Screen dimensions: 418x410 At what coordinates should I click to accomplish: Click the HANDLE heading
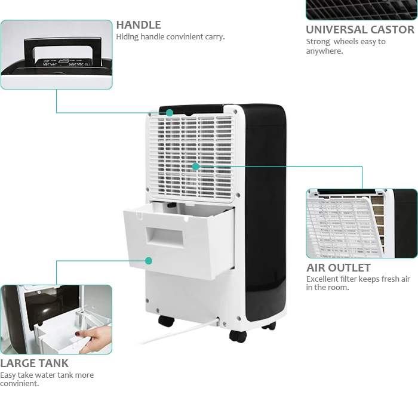(139, 25)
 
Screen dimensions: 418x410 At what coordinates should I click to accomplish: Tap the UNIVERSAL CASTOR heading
(359, 30)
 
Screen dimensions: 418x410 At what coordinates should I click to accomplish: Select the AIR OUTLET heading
(338, 268)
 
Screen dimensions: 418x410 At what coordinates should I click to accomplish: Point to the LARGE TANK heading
(34, 363)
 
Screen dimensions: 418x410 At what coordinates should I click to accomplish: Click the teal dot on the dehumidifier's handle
(170, 112)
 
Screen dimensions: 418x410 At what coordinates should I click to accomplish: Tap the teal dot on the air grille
(195, 167)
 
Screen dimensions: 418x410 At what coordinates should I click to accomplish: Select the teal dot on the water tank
(149, 261)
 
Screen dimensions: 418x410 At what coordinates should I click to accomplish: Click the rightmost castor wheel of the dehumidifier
(269, 325)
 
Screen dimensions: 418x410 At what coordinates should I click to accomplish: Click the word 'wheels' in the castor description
(346, 42)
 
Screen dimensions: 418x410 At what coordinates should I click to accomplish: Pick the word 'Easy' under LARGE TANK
(8, 375)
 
